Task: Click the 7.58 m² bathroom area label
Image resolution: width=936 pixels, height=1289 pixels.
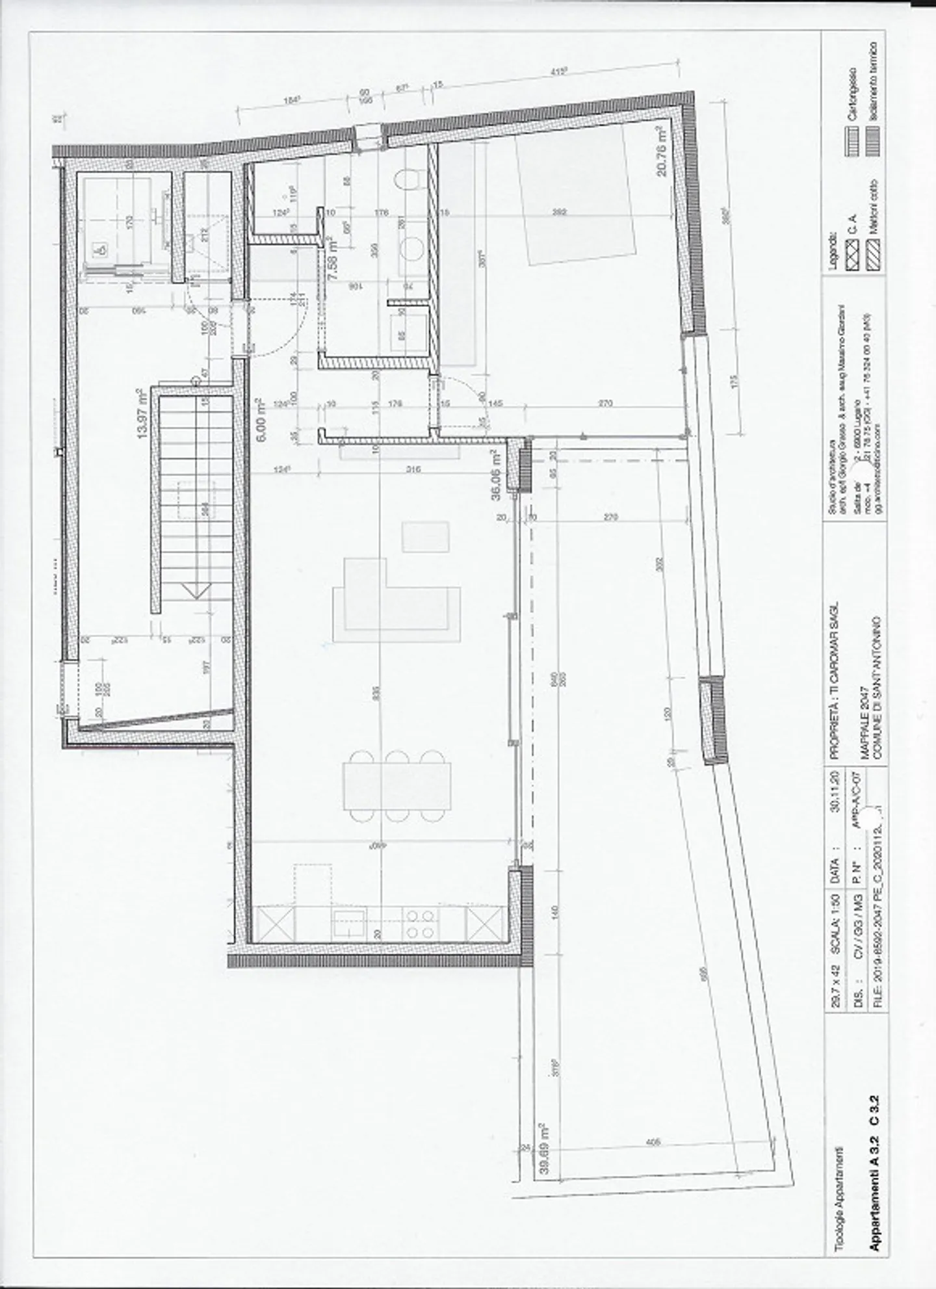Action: pyautogui.click(x=333, y=258)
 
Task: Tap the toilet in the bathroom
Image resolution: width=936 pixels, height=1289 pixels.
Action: pyautogui.click(x=408, y=179)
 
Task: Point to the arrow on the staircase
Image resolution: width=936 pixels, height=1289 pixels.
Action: pyautogui.click(x=196, y=589)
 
